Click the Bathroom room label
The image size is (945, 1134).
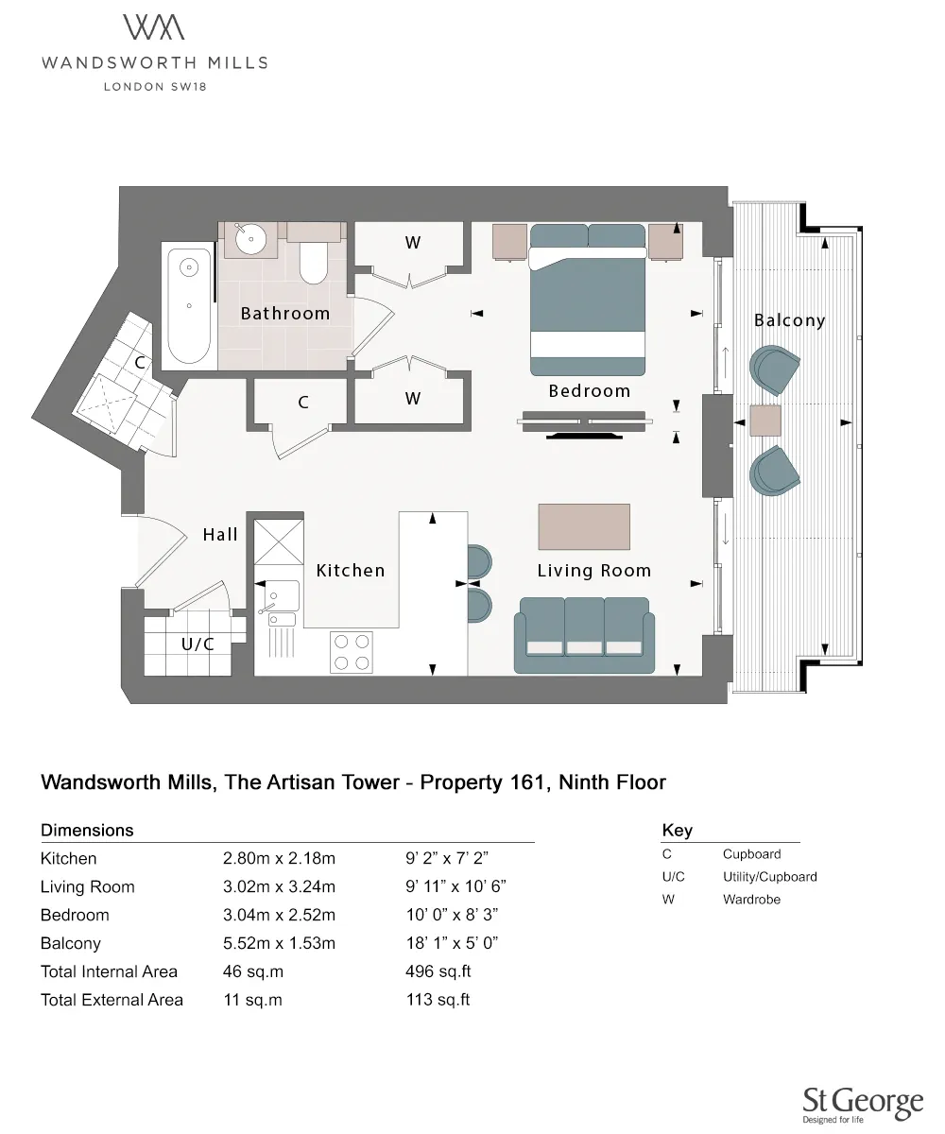(285, 313)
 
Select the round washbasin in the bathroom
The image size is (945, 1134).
(250, 237)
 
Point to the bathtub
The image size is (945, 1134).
(189, 304)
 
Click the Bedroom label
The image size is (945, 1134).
(589, 390)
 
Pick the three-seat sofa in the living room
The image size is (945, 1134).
(584, 636)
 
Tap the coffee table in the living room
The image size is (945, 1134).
(584, 526)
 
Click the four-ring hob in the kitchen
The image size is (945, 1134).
(352, 652)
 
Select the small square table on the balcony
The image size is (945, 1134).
(765, 420)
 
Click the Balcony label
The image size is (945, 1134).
(789, 320)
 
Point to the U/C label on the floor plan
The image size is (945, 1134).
(198, 644)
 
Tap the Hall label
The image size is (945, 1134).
(220, 535)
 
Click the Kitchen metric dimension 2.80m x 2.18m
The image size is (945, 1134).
(279, 859)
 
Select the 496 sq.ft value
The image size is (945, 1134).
(437, 971)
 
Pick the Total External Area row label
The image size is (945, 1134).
(112, 1000)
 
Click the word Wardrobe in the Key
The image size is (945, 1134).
(751, 900)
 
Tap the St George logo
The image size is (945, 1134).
(862, 1104)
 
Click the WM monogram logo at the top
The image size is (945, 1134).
(154, 27)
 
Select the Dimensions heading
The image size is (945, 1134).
(87, 831)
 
